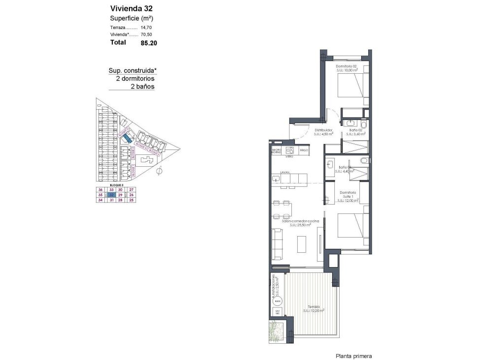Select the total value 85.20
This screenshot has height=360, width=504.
(149, 43)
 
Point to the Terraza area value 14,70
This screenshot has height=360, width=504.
(147, 28)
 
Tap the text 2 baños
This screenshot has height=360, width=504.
(142, 87)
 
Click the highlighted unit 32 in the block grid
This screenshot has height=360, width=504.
(112, 195)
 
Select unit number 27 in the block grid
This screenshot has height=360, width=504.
(131, 190)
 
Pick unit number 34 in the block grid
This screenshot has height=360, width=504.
(100, 200)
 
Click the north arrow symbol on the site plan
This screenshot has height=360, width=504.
(159, 172)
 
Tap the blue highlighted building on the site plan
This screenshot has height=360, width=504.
(127, 139)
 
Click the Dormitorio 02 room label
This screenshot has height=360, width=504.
(346, 66)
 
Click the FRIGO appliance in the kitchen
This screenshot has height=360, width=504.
(304, 150)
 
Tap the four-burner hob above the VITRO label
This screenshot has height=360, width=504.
(289, 150)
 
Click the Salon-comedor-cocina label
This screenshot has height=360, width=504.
(300, 221)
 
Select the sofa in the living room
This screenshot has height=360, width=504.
(277, 244)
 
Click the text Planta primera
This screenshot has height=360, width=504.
(353, 356)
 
